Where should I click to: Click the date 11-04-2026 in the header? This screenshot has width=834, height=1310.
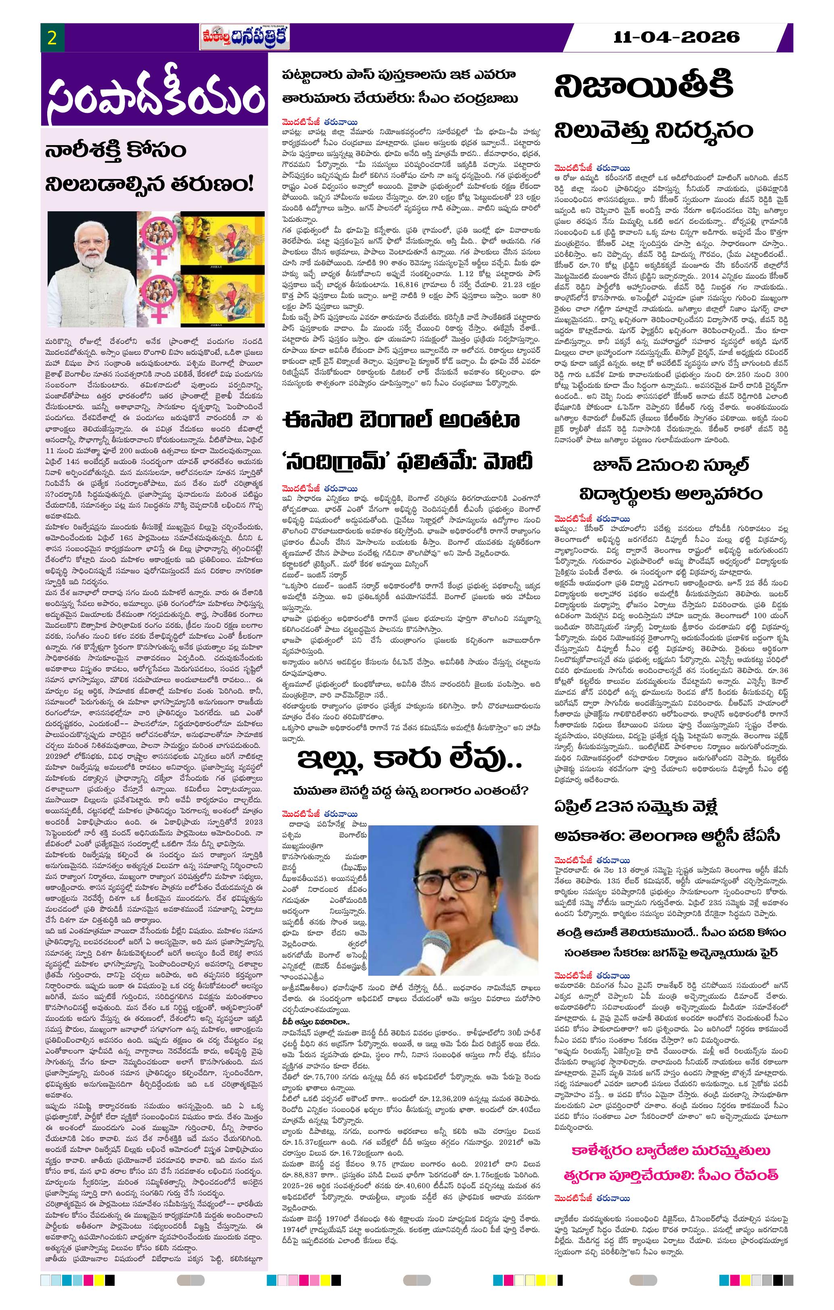[x=677, y=37]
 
